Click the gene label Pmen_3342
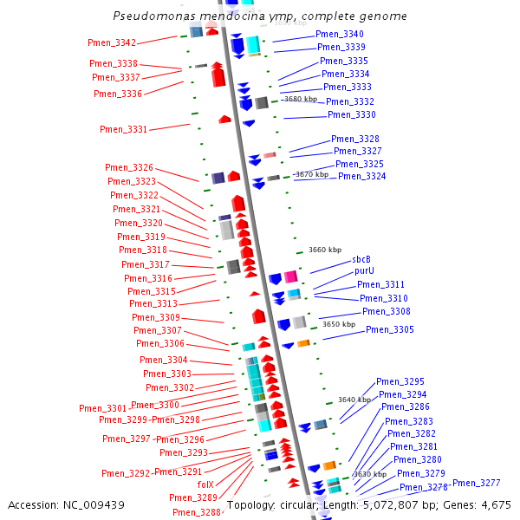coord(112,43)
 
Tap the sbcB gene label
coord(361,259)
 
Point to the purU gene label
coord(364,271)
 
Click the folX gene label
coord(205,484)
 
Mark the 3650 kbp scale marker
coord(338,324)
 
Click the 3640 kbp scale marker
coord(354,400)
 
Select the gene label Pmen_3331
coord(123,129)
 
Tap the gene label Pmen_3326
coord(129,168)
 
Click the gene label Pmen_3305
coord(389,330)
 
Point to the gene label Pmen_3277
coord(476,483)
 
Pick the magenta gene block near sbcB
coord(291,276)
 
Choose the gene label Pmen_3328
coord(354,140)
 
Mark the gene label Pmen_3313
coord(153,304)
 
